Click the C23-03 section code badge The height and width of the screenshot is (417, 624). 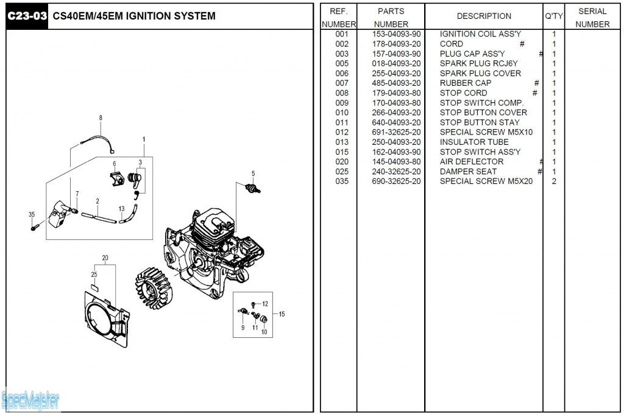tap(26, 16)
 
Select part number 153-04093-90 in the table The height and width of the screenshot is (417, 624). tap(396, 34)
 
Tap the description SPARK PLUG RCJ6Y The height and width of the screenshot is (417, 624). tap(478, 63)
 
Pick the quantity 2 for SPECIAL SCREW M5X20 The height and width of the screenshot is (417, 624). tap(554, 181)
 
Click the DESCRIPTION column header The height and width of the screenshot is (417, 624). tap(484, 16)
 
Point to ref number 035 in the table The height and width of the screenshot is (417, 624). tap(342, 181)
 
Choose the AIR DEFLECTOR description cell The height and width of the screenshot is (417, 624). tap(471, 161)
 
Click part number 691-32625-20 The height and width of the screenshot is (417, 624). tap(396, 132)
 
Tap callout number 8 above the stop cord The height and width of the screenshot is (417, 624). tap(101, 117)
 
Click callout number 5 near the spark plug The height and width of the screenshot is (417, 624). tap(253, 173)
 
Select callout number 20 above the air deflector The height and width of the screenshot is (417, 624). tap(105, 258)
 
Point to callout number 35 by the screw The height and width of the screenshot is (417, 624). tap(32, 214)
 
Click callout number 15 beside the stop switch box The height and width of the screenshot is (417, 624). tap(282, 314)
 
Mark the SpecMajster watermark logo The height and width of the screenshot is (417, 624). tap(30, 401)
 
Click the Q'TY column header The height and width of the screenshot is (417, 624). tap(553, 16)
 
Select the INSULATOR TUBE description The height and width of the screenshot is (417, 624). tap(473, 142)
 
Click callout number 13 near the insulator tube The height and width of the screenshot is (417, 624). tap(122, 209)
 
